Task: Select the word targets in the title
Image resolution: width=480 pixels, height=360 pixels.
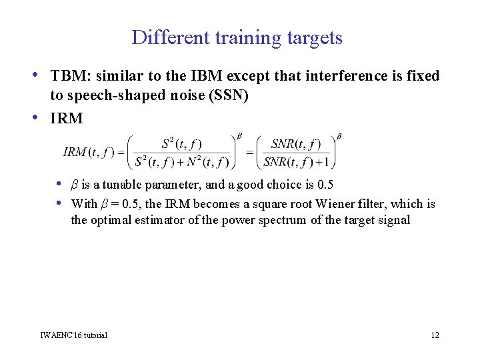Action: [x=315, y=38]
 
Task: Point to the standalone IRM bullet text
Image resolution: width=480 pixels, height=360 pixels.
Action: [x=67, y=119]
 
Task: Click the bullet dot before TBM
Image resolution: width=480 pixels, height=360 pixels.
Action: [x=42, y=75]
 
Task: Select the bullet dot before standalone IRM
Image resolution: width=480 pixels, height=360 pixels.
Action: [x=42, y=117]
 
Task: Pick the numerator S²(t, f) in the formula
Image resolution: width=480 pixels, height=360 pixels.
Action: [x=181, y=143]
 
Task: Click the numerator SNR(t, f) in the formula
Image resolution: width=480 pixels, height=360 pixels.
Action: [x=296, y=143]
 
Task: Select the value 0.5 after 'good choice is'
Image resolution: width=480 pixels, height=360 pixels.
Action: [x=325, y=185]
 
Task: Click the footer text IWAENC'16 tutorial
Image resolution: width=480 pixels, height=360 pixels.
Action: [x=73, y=335]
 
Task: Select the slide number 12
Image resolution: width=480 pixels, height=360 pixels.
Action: [x=435, y=335]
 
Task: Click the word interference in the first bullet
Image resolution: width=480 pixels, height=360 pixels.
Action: [x=337, y=76]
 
